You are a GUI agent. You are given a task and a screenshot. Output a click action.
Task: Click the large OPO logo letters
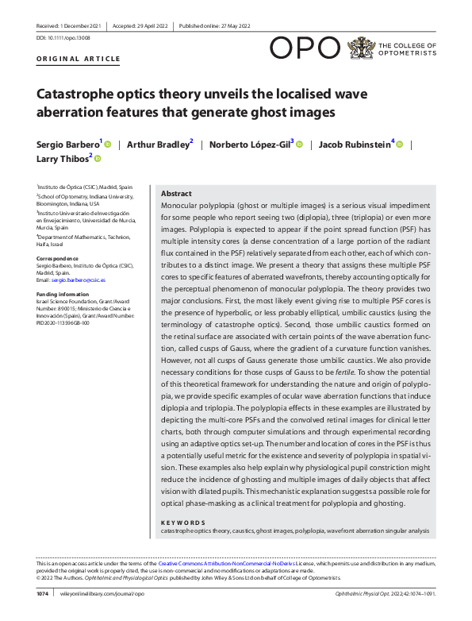click(x=305, y=48)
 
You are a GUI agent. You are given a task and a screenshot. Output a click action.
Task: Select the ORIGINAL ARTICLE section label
click(x=79, y=59)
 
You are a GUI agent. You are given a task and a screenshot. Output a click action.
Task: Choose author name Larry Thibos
click(x=63, y=159)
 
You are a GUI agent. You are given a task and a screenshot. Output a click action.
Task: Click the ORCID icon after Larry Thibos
click(x=98, y=159)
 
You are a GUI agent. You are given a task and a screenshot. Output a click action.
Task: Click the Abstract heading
click(x=176, y=194)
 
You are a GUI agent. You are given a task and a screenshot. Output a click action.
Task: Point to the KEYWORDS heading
click(x=183, y=522)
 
